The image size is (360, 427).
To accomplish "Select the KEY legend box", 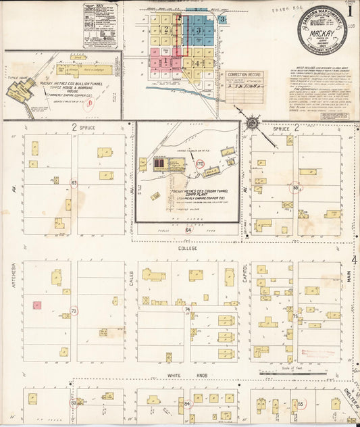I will click(x=99, y=25).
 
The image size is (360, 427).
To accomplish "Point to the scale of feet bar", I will click(x=293, y=372).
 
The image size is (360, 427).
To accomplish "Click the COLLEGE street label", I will click(x=187, y=248).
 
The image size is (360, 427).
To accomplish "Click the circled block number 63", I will click(x=74, y=183).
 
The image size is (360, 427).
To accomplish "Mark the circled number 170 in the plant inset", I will click(x=199, y=164).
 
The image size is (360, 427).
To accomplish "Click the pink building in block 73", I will click(x=37, y=305).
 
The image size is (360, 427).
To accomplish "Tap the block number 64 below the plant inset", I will click(x=187, y=230).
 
